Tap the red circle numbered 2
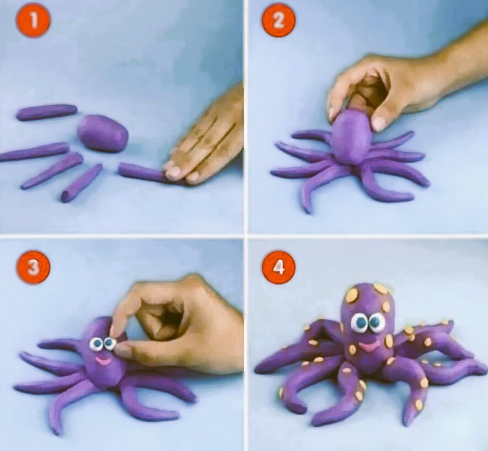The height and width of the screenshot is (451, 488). pos(278,22)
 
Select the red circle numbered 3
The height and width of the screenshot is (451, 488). pos(33,269)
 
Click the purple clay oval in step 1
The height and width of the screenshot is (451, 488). pos(103,133)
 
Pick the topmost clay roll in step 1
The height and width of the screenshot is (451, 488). pos(47,112)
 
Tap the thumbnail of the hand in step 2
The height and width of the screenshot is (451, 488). pos(379,124)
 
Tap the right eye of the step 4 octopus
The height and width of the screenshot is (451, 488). pos(377,323)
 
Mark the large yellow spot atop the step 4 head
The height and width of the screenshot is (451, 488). pos(352,295)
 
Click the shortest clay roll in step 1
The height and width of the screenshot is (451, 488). pos(82,182)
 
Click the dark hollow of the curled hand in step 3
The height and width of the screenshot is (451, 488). pos(165,318)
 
